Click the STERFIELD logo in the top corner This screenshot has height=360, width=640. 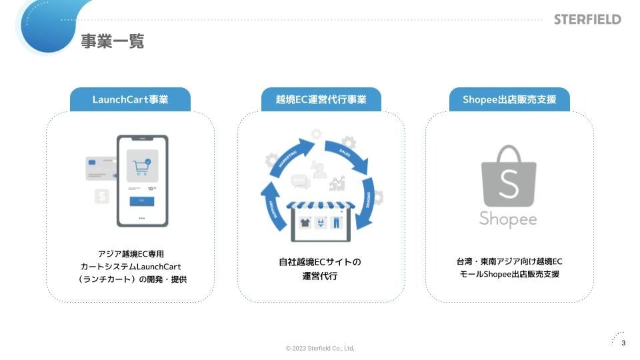click(587, 19)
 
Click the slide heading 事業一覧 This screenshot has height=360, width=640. click(112, 41)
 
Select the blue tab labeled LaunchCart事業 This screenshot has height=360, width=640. click(130, 100)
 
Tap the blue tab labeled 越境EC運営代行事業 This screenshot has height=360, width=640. click(321, 100)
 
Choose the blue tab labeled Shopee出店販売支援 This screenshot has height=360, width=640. click(509, 100)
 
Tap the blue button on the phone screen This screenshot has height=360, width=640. click(141, 201)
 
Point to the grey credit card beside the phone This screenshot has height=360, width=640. click(100, 168)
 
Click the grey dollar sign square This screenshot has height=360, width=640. click(101, 197)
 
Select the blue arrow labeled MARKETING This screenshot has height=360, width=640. click(289, 157)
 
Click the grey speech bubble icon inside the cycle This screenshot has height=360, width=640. click(301, 180)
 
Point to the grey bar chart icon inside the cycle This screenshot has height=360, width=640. click(337, 183)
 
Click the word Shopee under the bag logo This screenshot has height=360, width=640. click(508, 219)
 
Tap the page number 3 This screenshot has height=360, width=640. click(623, 343)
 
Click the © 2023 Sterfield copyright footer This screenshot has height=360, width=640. click(320, 349)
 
